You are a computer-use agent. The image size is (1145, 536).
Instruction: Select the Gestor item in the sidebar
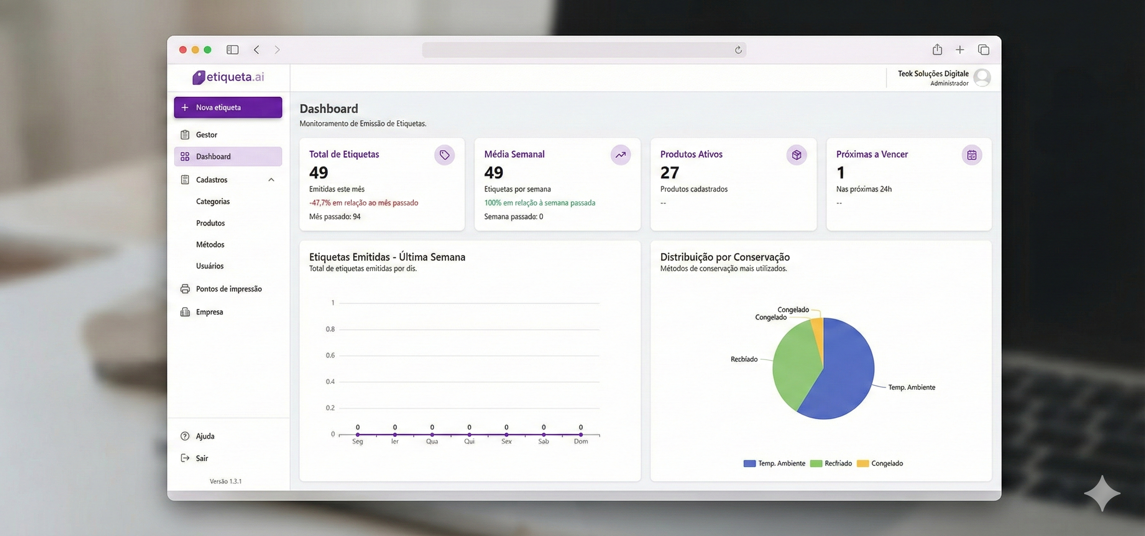206,135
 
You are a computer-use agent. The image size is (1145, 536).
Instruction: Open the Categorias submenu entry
212,201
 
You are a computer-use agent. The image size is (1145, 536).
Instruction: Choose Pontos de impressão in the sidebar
228,289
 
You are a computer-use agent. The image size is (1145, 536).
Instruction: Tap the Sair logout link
201,458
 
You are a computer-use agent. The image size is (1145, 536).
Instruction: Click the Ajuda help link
204,436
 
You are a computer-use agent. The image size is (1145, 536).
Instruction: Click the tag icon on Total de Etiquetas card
445,155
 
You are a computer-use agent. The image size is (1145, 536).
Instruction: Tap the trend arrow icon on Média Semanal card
620,155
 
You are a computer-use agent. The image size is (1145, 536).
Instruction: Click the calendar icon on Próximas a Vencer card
972,155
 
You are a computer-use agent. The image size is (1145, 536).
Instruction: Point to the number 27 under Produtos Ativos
670,172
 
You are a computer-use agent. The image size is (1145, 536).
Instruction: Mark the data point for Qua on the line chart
432,434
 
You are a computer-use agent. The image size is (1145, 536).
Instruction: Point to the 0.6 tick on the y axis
330,355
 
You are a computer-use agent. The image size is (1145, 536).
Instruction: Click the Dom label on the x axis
580,441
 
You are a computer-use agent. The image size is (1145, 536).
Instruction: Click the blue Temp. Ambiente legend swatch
750,464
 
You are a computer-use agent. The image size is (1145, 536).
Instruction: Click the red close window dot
183,50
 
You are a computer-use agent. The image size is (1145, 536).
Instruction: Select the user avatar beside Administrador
982,78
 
